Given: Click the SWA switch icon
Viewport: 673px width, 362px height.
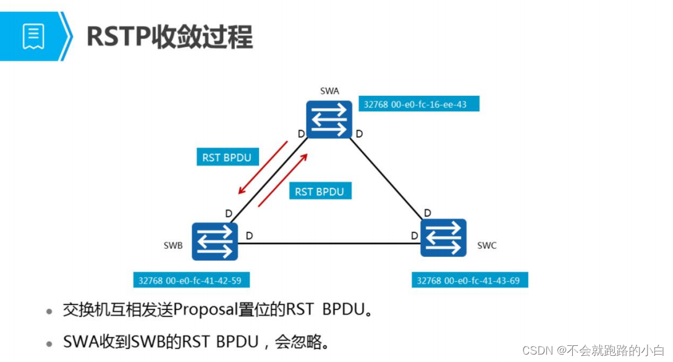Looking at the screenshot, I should pos(329,119).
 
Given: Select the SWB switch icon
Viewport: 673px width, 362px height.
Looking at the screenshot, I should pos(214,242).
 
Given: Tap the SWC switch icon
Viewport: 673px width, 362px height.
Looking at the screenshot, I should pos(443,238).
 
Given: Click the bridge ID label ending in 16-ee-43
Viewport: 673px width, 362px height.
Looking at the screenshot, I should pos(418,104).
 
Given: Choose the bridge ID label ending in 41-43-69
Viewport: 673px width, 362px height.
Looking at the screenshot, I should pos(470,280).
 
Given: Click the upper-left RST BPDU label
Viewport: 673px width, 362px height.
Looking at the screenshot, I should pos(227,158).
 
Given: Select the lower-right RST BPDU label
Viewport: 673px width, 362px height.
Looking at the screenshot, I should pos(320,192).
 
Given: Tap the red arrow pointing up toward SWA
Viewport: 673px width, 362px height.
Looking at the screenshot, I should pos(283,181).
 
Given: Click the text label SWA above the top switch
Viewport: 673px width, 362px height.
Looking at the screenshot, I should pos(329,91).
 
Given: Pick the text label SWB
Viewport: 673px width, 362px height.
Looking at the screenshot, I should pos(173,245).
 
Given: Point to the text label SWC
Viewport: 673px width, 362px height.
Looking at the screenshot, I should pos(487,245).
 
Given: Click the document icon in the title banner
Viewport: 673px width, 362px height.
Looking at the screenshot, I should pos(33,36).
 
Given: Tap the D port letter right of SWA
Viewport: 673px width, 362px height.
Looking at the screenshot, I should pos(359,133).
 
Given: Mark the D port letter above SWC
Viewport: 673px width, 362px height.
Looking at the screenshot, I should pos(427,214).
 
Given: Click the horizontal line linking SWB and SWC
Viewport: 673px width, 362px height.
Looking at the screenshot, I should pos(328,242).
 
